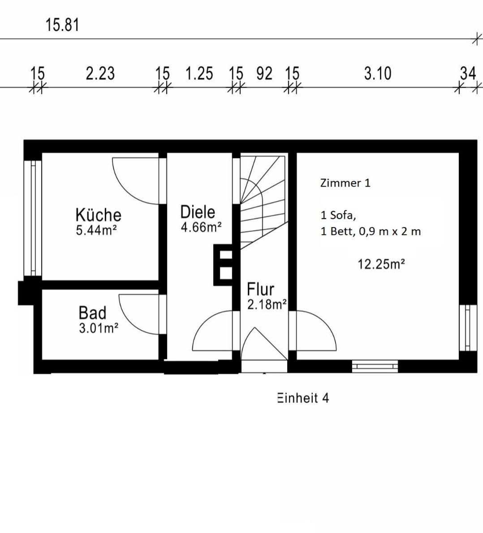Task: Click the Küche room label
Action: [98, 215]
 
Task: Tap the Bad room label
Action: [92, 313]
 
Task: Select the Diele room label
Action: [198, 212]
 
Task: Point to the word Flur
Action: [261, 289]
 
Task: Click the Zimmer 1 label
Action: [345, 183]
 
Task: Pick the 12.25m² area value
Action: [381, 264]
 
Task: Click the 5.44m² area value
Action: [97, 230]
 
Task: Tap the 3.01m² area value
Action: [99, 328]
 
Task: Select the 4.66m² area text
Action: [201, 227]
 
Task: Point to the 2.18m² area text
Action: [267, 304]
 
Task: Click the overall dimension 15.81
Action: [62, 25]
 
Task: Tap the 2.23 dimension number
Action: [100, 73]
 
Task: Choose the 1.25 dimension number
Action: [199, 73]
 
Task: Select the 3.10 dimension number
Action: [378, 73]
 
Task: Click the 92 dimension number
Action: [264, 73]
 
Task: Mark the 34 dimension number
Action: [468, 73]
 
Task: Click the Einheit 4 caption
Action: [303, 398]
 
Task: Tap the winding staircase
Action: [263, 202]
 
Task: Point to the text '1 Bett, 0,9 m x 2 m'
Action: [371, 232]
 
